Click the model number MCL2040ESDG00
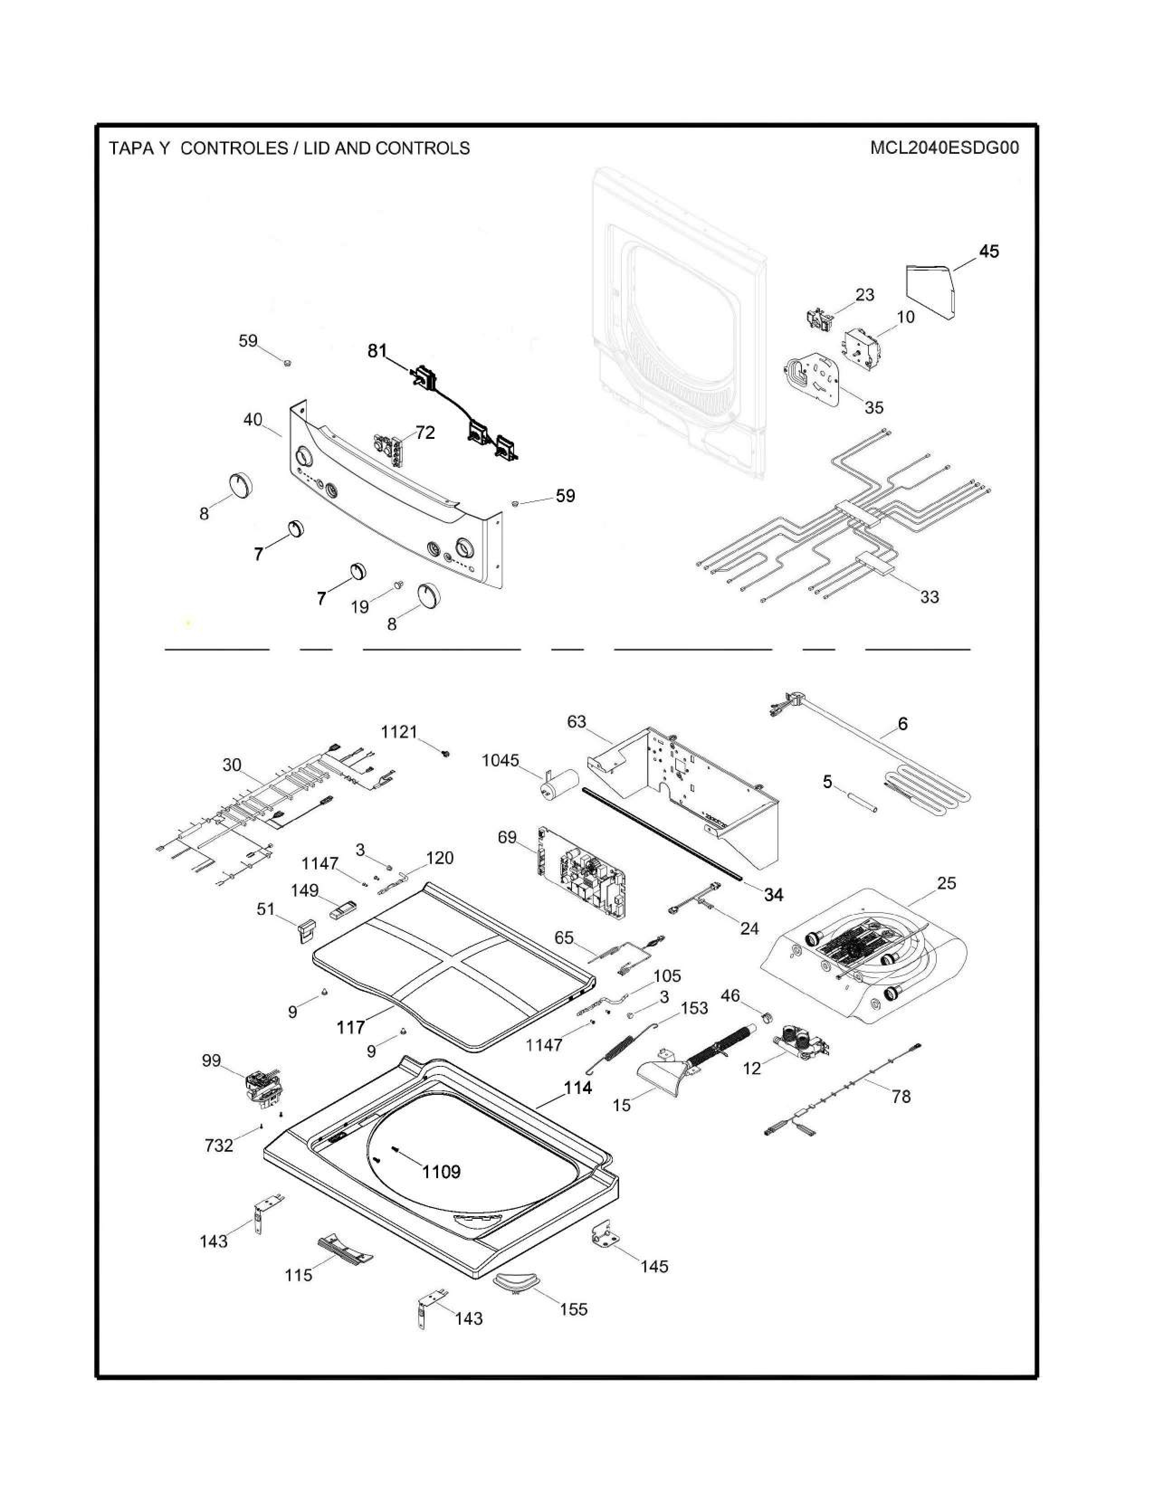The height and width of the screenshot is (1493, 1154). click(944, 148)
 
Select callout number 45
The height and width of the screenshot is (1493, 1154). click(988, 252)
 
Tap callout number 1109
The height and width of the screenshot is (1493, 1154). click(441, 1172)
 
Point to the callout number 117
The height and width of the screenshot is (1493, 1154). click(351, 1027)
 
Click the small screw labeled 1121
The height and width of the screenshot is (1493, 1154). click(446, 753)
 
